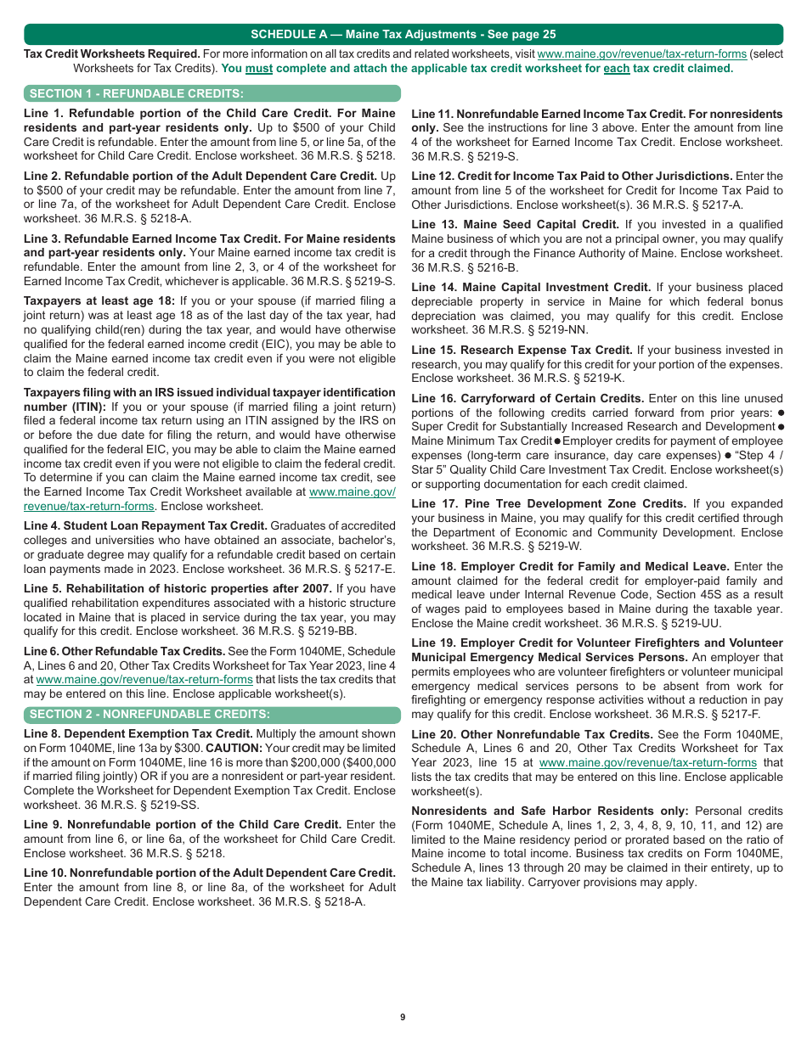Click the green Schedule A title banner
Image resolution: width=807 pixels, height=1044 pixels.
click(x=403, y=34)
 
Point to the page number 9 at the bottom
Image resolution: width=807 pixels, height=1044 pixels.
click(x=403, y=1017)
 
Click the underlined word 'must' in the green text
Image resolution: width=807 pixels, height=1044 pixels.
click(x=259, y=68)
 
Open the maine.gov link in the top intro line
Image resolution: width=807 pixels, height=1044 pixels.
click(x=641, y=53)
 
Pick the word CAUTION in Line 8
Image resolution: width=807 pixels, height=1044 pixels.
click(x=234, y=748)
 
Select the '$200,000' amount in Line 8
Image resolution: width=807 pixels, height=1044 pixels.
click(x=319, y=762)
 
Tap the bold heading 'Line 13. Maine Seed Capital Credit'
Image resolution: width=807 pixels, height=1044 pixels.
click(x=515, y=224)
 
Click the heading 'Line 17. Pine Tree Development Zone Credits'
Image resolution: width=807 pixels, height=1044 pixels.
click(x=548, y=503)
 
